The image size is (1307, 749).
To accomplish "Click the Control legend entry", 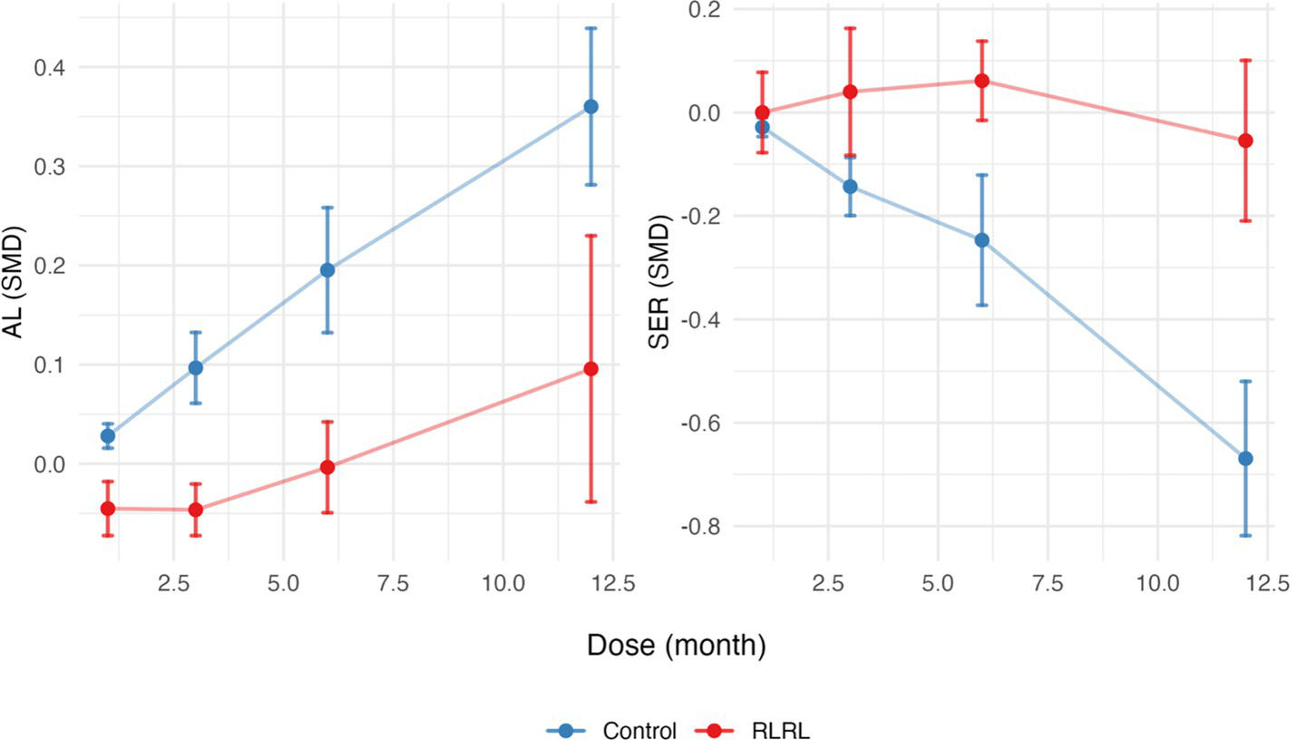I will point(612,731).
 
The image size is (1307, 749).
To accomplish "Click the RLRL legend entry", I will point(753,731).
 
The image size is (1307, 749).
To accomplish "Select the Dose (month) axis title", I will point(676,646).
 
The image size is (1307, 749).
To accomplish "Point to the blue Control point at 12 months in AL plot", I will point(591,106).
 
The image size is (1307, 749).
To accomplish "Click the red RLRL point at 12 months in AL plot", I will point(591,369).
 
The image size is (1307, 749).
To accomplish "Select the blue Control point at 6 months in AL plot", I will point(327,269).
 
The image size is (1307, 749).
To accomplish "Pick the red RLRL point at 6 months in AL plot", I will point(327,467).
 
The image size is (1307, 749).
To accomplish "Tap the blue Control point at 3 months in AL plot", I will point(196,368).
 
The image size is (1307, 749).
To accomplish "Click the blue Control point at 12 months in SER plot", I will point(1245,459).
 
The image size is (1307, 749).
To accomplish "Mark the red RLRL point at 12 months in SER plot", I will point(1245,141).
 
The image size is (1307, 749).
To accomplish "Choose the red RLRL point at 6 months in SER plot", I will point(981,81).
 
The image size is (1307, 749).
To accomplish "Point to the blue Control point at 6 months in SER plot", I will point(981,240).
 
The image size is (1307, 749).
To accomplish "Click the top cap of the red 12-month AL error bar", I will point(591,236).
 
